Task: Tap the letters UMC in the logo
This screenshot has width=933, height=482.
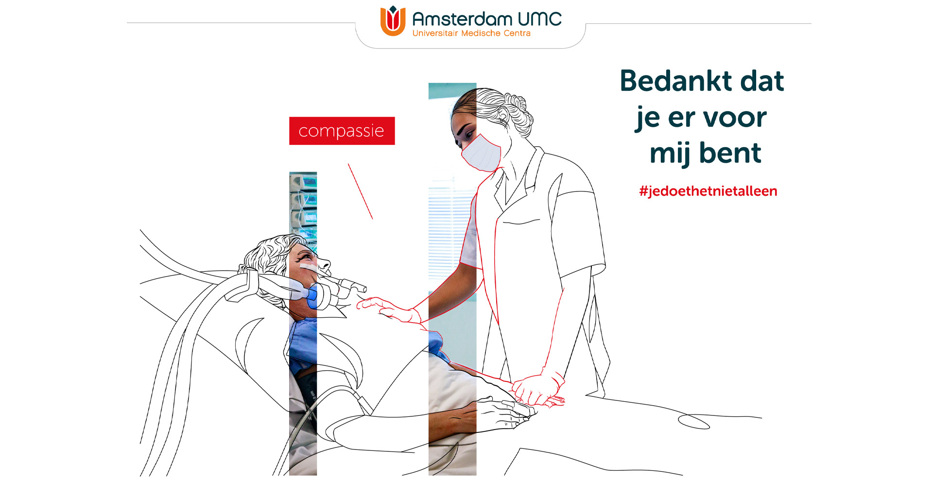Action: [x=539, y=19]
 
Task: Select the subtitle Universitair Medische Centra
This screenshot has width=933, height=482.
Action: [x=471, y=33]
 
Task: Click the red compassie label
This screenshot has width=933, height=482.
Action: [x=342, y=131]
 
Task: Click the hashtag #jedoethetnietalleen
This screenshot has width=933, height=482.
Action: [x=708, y=191]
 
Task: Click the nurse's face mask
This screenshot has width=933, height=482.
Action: [x=482, y=153]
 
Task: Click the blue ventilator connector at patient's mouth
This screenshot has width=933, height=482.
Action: [x=313, y=296]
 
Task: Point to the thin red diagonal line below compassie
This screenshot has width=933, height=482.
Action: [x=360, y=191]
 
